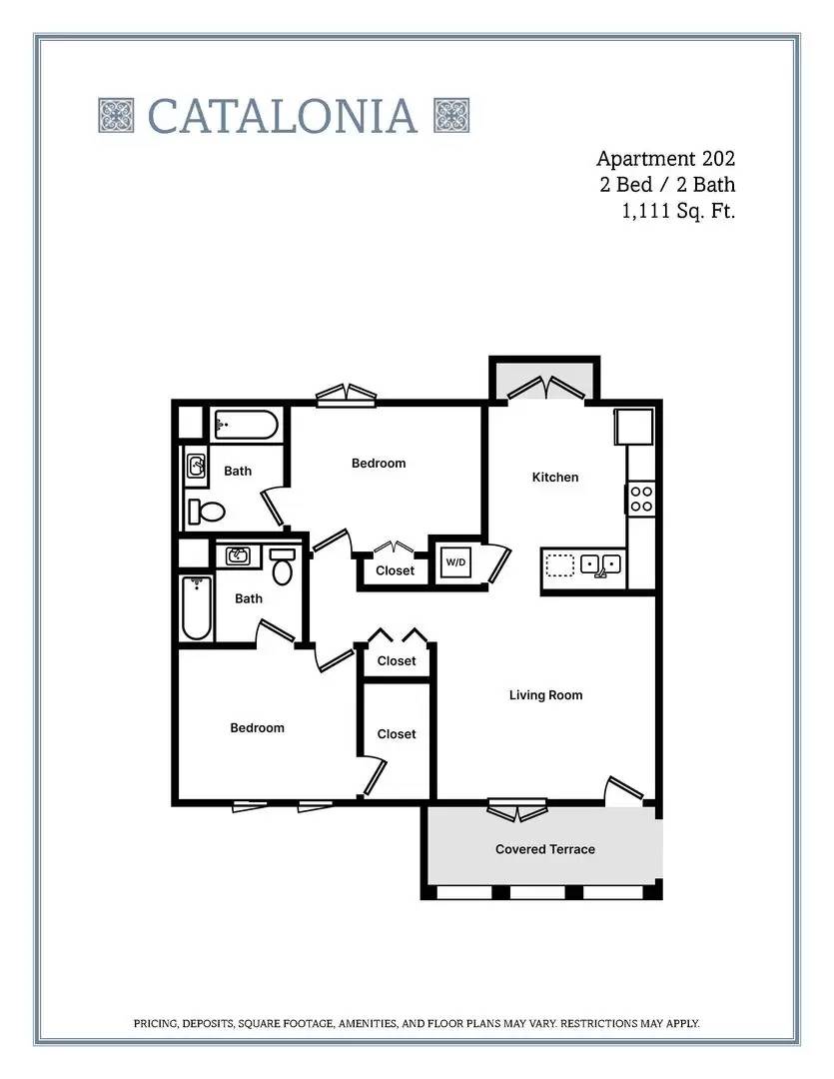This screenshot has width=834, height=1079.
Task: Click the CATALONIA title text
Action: [x=283, y=116]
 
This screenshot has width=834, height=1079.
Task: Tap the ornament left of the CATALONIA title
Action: [x=116, y=116]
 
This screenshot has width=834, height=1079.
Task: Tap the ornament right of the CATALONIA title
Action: [x=451, y=116]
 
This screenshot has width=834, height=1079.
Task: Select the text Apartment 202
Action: [x=665, y=159]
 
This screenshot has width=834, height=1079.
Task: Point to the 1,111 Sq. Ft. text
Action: [x=678, y=211]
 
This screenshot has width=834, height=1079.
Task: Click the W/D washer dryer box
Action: [x=455, y=562]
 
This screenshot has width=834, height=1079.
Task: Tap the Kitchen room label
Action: [x=554, y=478]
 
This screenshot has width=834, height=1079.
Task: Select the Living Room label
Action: [x=545, y=695]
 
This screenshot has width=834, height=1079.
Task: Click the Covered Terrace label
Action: [x=544, y=849]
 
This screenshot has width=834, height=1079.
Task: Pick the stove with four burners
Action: [x=640, y=499]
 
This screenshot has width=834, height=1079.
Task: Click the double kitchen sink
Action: [x=602, y=564]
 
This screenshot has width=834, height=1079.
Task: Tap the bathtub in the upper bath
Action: [x=245, y=426]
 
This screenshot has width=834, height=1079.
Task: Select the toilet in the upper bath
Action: [x=208, y=512]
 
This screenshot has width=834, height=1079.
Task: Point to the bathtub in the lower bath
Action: [x=197, y=608]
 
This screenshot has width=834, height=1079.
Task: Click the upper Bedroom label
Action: [x=379, y=464]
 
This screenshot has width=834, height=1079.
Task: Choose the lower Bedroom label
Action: [x=257, y=728]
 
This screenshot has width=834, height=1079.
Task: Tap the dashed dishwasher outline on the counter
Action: [x=561, y=565]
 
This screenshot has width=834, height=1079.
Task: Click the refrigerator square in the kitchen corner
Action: [x=633, y=427]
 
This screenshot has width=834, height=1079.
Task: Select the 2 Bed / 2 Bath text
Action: [x=667, y=185]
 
